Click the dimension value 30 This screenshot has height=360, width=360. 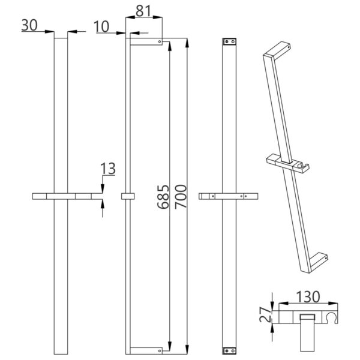click(x=29, y=25)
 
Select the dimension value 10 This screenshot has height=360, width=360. click(x=101, y=26)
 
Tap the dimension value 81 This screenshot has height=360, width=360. click(x=143, y=11)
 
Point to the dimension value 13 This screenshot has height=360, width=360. click(x=108, y=169)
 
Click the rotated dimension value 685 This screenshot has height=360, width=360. click(x=163, y=197)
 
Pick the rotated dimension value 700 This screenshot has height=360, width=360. click(x=181, y=197)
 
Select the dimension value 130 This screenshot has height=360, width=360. click(x=308, y=296)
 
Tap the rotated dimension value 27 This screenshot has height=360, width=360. click(x=265, y=314)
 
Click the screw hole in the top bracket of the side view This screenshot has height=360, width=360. click(x=160, y=42)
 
